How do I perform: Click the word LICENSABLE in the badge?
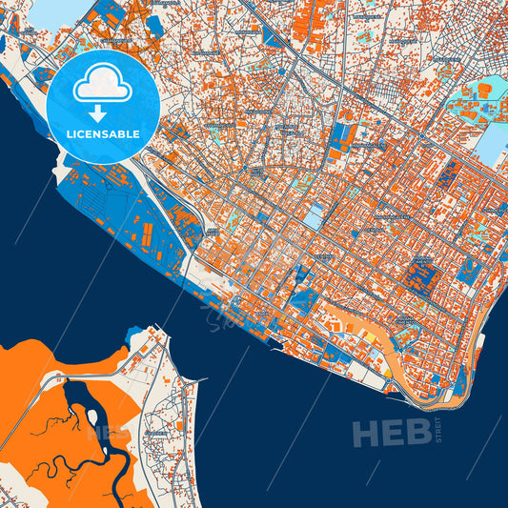[x=103, y=133]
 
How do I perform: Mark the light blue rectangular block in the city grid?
[x=313, y=217]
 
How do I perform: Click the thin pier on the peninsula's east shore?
[x=194, y=381]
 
